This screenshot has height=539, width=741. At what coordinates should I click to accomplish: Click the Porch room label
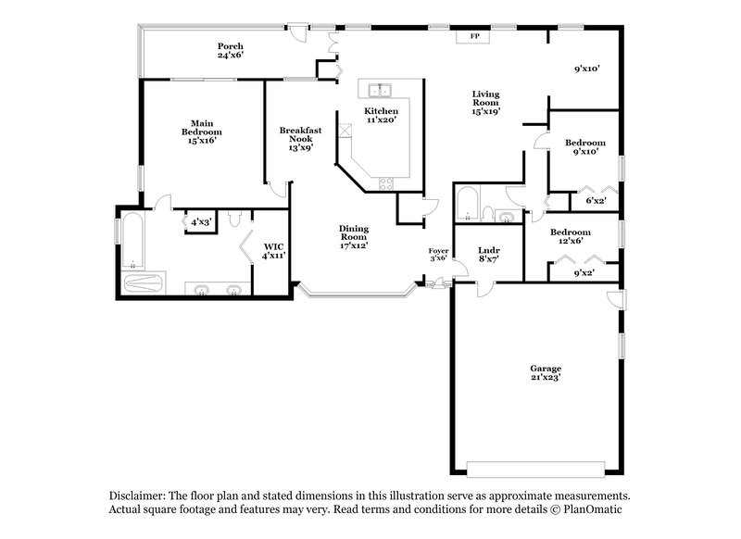pyautogui.click(x=231, y=50)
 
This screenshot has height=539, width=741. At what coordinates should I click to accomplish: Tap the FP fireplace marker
pyautogui.click(x=475, y=36)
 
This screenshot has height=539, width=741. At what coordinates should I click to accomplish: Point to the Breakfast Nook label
pyautogui.click(x=301, y=138)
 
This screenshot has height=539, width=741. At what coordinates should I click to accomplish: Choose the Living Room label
pyautogui.click(x=486, y=102)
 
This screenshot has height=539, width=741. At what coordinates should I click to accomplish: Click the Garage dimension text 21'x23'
pyautogui.click(x=546, y=377)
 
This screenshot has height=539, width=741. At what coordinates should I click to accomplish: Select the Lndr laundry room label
pyautogui.click(x=489, y=255)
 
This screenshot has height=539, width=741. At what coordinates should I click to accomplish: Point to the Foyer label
pyautogui.click(x=438, y=255)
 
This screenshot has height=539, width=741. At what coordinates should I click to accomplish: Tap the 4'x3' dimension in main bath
pyautogui.click(x=201, y=222)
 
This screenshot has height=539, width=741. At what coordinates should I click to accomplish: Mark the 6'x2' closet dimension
pyautogui.click(x=597, y=201)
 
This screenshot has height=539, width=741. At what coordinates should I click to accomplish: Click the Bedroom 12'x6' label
pyautogui.click(x=571, y=236)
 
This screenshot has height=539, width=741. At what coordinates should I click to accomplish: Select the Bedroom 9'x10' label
pyautogui.click(x=585, y=146)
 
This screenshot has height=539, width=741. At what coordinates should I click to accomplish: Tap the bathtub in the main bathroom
pyautogui.click(x=132, y=243)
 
